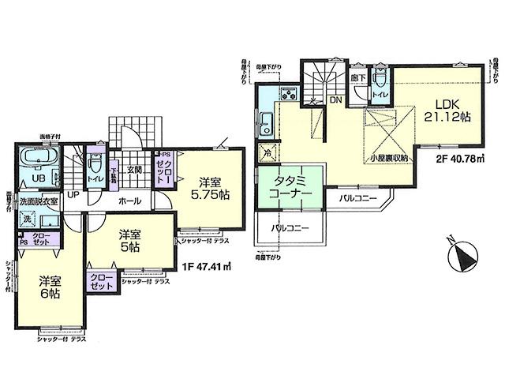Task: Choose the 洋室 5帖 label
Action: coord(129,242)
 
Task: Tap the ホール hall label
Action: coord(129,201)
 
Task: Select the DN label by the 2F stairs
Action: coord(335,100)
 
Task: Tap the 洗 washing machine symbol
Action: coord(27,217)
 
